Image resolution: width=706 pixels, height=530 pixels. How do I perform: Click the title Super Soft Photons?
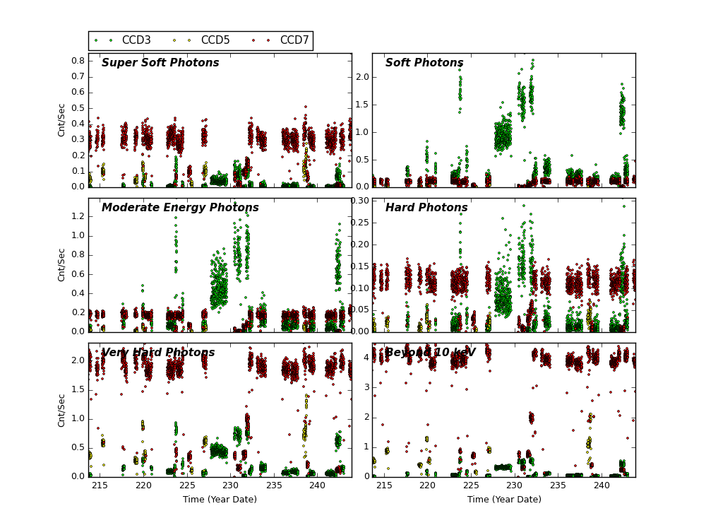[160, 64]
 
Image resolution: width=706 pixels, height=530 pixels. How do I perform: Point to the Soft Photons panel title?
[424, 64]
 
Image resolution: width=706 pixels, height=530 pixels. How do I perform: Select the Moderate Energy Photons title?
[180, 208]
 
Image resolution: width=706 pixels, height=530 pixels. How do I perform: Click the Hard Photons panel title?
[426, 208]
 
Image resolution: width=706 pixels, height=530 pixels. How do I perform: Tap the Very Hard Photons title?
[158, 353]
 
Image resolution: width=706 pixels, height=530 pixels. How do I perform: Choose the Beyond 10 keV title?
[430, 353]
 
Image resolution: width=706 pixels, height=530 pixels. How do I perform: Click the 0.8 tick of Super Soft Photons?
[78, 61]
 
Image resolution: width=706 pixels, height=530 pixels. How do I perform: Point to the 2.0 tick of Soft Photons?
[361, 77]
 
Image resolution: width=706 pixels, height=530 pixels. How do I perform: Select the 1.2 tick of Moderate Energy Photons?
[78, 216]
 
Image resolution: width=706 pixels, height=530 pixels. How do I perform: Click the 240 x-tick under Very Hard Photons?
[318, 485]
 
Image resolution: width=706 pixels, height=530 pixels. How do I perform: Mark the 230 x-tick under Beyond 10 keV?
[515, 485]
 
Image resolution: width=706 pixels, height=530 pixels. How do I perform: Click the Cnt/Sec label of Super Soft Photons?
[62, 120]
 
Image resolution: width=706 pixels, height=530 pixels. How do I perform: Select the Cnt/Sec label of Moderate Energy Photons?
[62, 265]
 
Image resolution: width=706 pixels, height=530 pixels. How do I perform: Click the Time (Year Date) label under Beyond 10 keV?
[504, 500]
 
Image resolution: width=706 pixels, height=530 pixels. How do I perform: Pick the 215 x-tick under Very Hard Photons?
[100, 485]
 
